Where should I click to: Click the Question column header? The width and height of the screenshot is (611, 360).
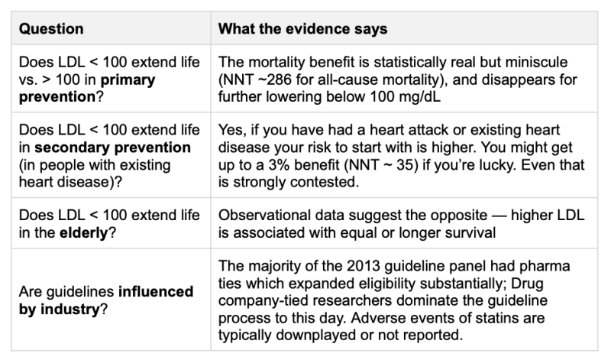tap(51, 29)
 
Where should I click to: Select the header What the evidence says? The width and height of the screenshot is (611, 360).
tap(302, 29)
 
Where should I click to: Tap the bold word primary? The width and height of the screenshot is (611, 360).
tap(128, 80)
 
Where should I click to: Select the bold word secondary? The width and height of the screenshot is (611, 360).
tap(72, 148)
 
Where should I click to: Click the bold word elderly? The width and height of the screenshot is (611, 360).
tap(83, 233)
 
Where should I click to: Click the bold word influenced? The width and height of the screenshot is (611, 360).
tap(156, 291)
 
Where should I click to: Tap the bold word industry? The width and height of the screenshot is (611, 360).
tap(70, 309)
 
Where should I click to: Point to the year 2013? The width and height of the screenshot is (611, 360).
tap(364, 266)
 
